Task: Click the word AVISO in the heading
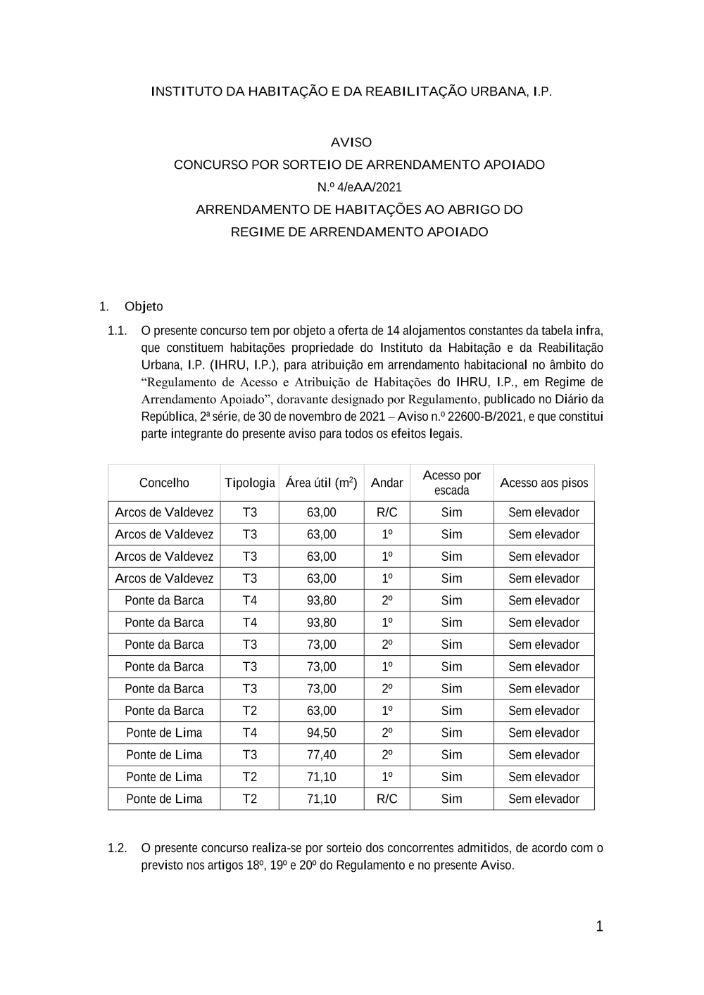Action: tap(351, 142)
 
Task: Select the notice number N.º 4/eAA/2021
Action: tap(359, 187)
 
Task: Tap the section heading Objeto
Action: tap(144, 306)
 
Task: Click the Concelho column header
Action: tap(164, 483)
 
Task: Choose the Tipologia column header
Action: tap(250, 483)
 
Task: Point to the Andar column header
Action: tap(386, 483)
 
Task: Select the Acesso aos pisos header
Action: tap(543, 483)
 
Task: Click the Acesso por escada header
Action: tap(451, 483)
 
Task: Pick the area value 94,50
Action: tap(321, 733)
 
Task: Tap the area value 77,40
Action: tap(321, 754)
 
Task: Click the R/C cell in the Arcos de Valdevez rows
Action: tap(386, 512)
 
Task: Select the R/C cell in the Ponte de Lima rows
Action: tap(386, 799)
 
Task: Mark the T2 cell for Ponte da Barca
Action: tap(250, 711)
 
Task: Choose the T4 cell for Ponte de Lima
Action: tap(250, 733)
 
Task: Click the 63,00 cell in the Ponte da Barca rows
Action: tap(321, 711)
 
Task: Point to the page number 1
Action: tap(599, 927)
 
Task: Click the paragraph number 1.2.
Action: tap(117, 848)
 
